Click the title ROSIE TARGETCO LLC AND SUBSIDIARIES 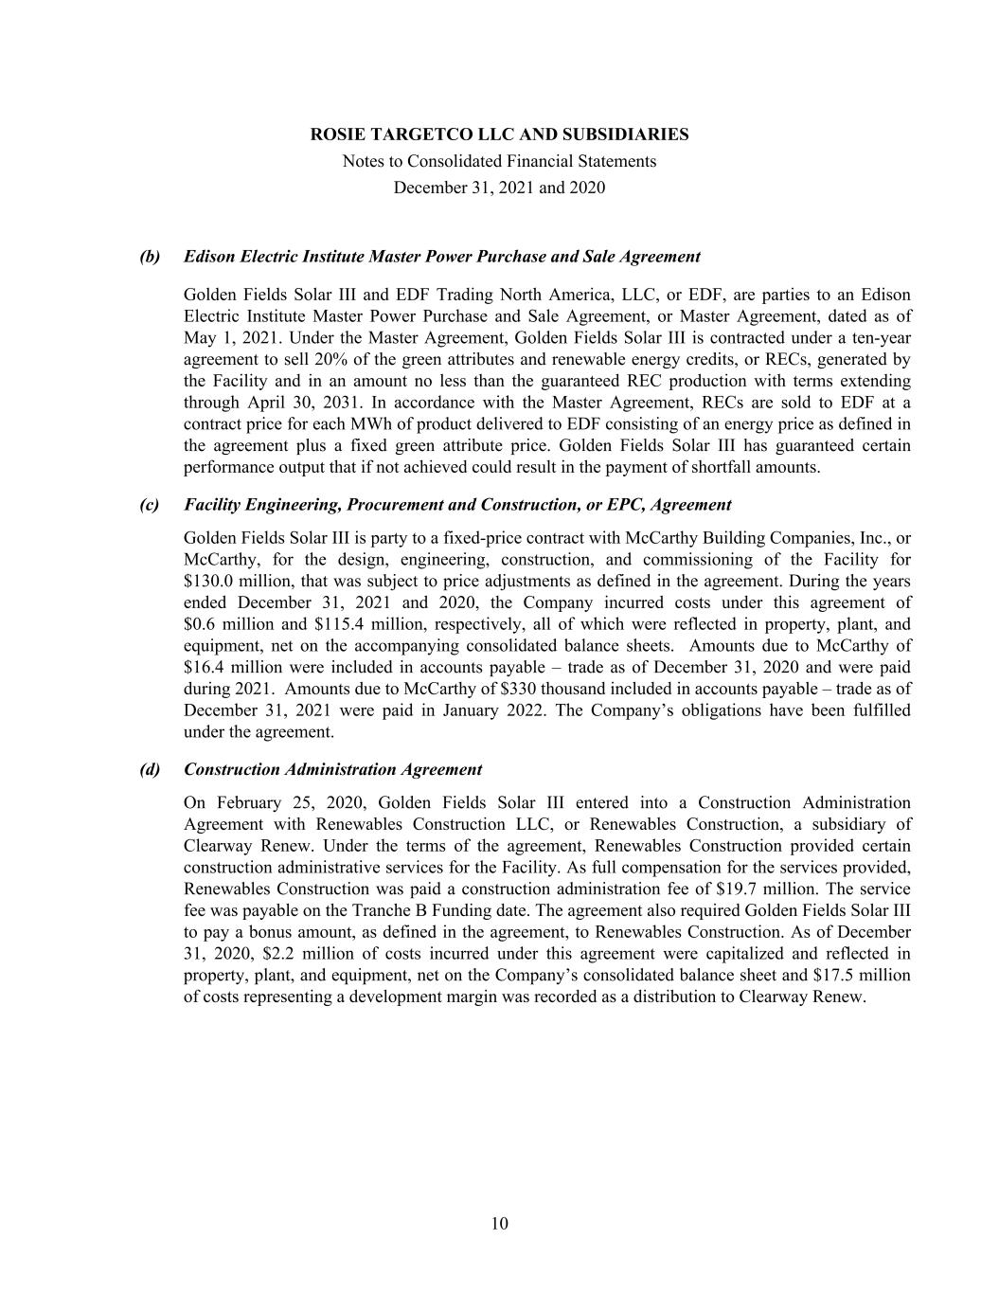[x=499, y=135]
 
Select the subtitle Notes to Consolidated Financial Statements [x=499, y=161]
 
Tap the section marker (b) [x=150, y=257]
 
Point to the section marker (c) [x=150, y=505]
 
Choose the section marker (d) [x=150, y=770]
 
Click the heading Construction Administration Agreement [x=332, y=770]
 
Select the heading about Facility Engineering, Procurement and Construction [x=457, y=505]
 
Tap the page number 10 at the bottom [x=499, y=1224]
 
